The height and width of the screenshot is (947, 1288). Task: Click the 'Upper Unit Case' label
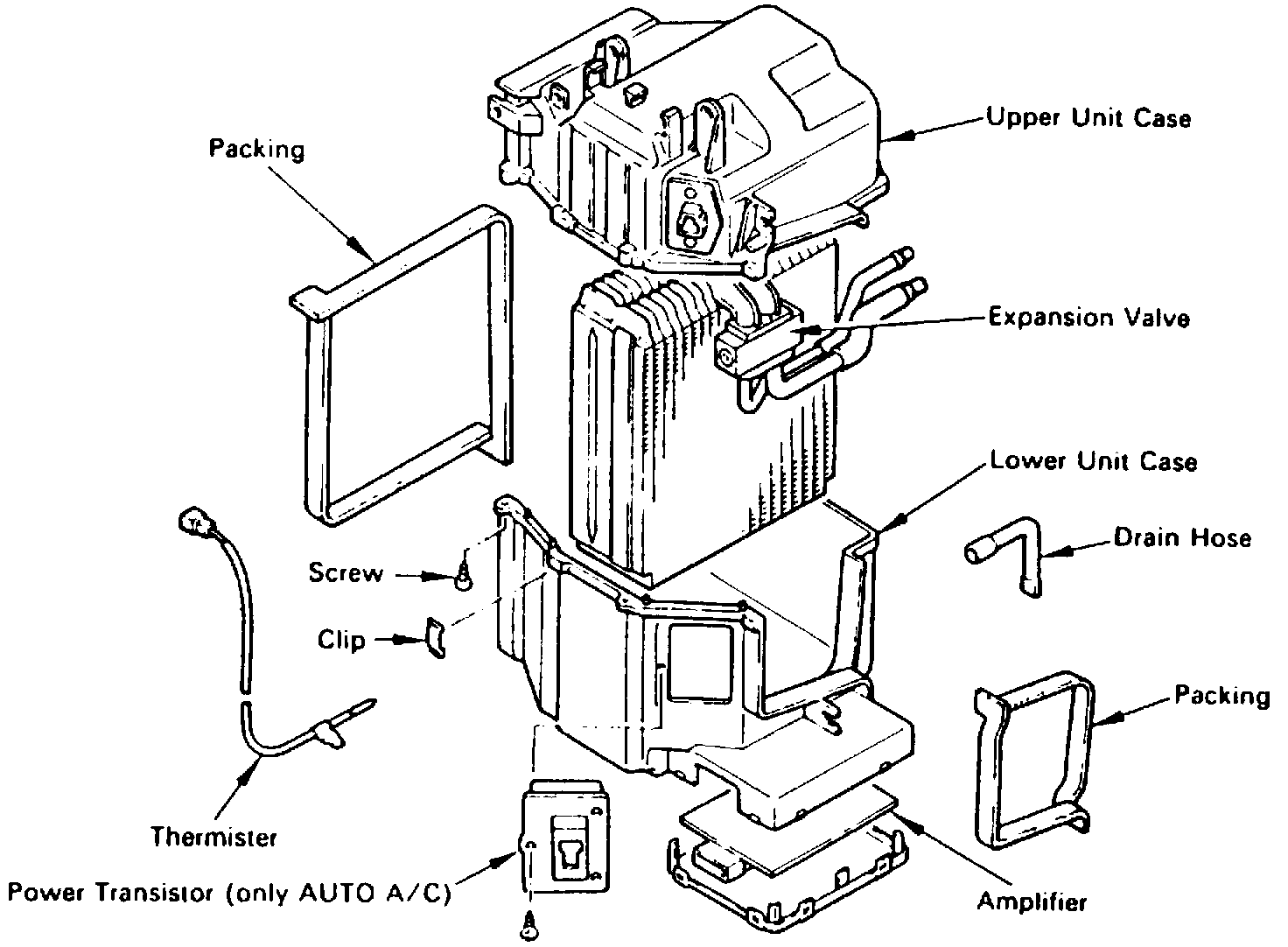1088,117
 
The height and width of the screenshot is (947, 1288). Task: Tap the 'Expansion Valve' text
1088,317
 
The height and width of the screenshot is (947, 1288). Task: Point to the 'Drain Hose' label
1181,537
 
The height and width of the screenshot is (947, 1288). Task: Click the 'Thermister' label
213,838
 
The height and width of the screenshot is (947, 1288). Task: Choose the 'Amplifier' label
1032,901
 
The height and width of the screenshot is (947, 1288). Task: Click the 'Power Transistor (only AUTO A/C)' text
229,894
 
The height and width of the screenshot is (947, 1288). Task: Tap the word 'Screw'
346,573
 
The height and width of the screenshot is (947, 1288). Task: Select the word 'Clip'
341,640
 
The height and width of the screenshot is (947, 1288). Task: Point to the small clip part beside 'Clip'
435,638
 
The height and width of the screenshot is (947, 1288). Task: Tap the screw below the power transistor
530,922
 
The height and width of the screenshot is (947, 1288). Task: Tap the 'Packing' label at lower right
1221,696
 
